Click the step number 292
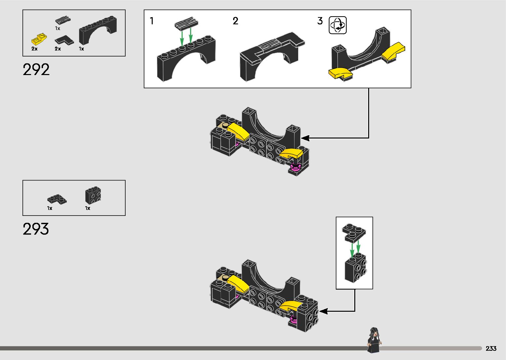tap(36, 70)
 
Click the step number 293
tap(36, 229)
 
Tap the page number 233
tap(491, 348)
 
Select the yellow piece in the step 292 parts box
tap(39, 39)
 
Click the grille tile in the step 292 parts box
tap(63, 20)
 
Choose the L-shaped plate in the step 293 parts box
tap(57, 199)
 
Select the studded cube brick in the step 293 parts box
tap(93, 195)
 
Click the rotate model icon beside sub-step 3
tap(338, 25)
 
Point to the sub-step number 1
tap(152, 21)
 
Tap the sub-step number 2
tap(235, 21)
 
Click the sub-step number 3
tap(320, 21)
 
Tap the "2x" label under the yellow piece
tap(34, 49)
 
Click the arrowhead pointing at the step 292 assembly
tap(305, 138)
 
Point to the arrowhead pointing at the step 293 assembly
tap(323, 311)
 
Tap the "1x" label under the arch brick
tap(81, 49)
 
